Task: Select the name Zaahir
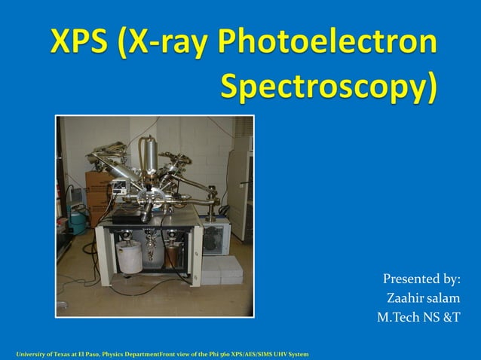(406, 299)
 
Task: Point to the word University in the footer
(30, 353)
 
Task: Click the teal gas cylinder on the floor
(77, 220)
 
